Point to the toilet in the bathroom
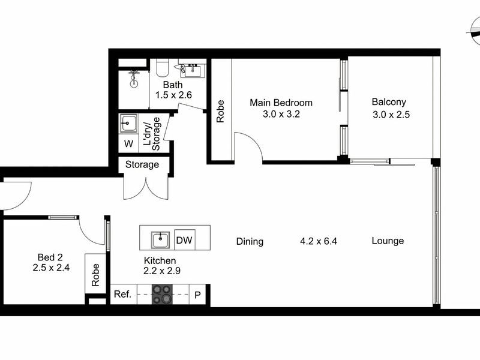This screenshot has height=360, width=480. pyautogui.click(x=162, y=68)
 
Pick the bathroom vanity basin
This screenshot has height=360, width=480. pyautogui.click(x=192, y=70)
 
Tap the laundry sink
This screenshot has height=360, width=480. pyautogui.click(x=128, y=124)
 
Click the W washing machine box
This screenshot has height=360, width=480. pyautogui.click(x=128, y=143)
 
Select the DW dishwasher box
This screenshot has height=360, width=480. pyautogui.click(x=184, y=240)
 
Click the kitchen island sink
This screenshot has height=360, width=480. pyautogui.click(x=160, y=240)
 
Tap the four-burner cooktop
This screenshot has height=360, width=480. pyautogui.click(x=162, y=294)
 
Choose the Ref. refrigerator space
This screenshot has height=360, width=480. pyautogui.click(x=124, y=294)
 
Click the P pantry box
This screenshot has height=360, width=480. pyautogui.click(x=197, y=295)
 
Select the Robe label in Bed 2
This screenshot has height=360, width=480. pyautogui.click(x=95, y=275)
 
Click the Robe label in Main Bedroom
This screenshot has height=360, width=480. pyautogui.click(x=220, y=111)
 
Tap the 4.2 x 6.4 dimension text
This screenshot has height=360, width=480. pyautogui.click(x=319, y=241)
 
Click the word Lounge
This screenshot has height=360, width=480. pyautogui.click(x=388, y=241)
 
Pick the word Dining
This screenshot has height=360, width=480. pyautogui.click(x=250, y=242)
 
